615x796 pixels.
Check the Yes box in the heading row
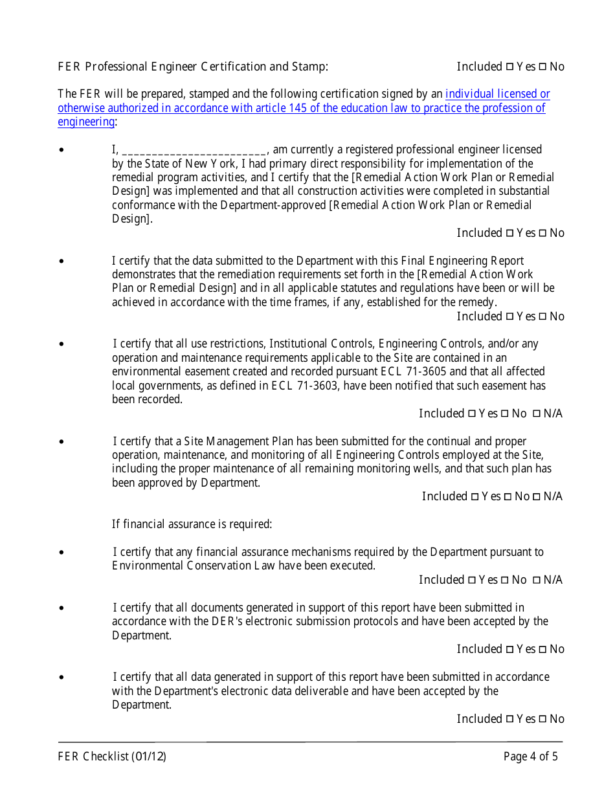tap(509, 67)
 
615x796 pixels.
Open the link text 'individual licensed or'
tap(497, 94)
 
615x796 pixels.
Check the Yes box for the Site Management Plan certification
tap(475, 496)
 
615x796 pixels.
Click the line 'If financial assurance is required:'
tap(192, 524)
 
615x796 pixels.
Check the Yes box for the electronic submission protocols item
tap(509, 649)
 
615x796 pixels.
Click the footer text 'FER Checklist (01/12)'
tap(112, 757)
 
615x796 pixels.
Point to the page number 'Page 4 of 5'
tap(530, 757)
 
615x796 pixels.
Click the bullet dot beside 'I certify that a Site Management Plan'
tap(61, 442)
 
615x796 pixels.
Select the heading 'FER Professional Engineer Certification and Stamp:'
tap(193, 67)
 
